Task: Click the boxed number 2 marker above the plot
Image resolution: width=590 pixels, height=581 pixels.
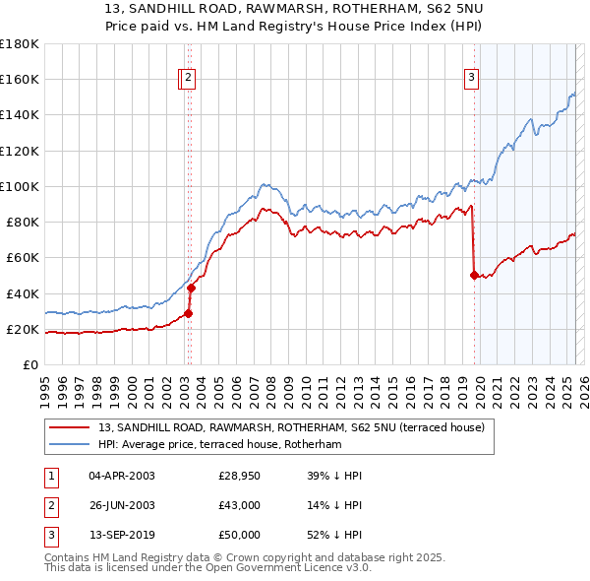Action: (x=188, y=79)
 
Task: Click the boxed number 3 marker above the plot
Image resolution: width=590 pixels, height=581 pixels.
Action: (x=472, y=79)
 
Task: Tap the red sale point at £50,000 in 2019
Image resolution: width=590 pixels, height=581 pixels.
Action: (x=474, y=276)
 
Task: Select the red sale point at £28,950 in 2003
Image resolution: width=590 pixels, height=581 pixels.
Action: (x=188, y=313)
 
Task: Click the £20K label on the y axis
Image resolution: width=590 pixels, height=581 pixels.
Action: (x=23, y=329)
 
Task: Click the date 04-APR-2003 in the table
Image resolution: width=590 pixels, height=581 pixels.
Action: (x=122, y=477)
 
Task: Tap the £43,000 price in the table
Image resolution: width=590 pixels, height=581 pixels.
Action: (x=240, y=506)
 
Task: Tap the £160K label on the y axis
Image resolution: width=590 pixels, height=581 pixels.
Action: (x=19, y=79)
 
